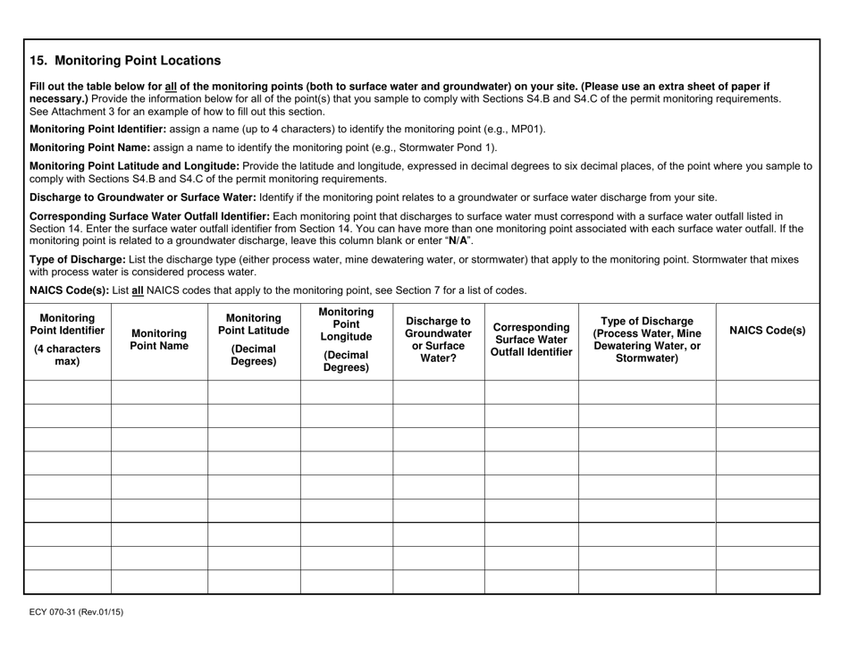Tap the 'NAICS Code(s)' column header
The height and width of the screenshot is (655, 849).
[768, 331]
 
